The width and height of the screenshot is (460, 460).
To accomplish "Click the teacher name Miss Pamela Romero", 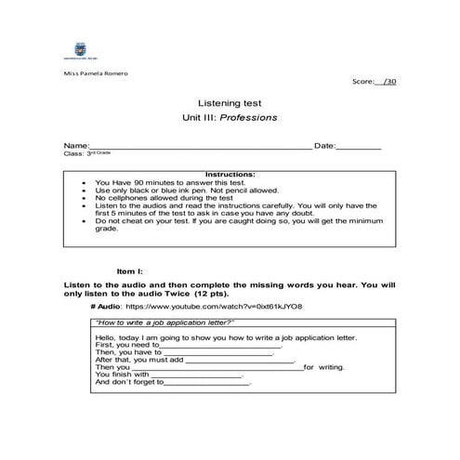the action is [x=96, y=72].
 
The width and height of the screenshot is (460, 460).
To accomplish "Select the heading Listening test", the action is [x=229, y=105].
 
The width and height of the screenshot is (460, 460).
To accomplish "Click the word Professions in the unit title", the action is [x=248, y=119].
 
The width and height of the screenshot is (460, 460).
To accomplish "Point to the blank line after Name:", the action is [x=200, y=148].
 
